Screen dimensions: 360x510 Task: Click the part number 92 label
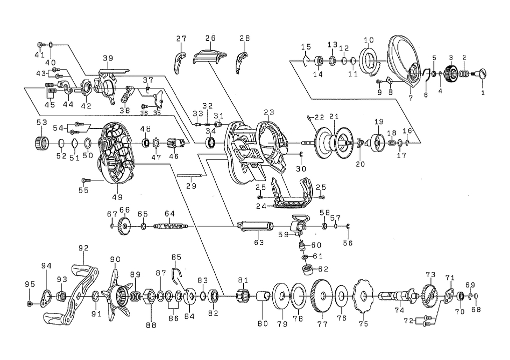click(x=83, y=247)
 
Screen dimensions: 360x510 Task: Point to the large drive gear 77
click(x=321, y=297)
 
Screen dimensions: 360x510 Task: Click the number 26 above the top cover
click(x=210, y=38)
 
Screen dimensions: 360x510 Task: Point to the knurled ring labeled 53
click(x=41, y=142)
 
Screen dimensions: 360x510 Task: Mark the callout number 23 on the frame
click(x=269, y=113)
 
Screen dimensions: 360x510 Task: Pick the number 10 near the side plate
click(x=369, y=40)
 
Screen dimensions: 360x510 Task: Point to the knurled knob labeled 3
click(x=451, y=74)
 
